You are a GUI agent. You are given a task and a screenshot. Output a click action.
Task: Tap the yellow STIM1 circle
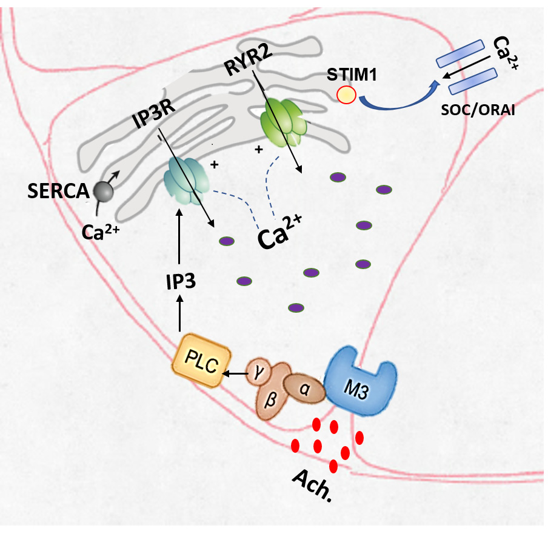click(x=346, y=95)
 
